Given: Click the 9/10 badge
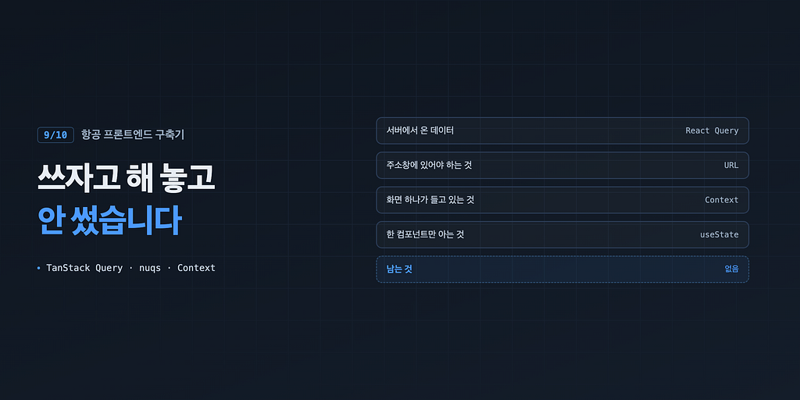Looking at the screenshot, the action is pos(55,134).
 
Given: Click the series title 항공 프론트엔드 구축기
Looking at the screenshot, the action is pos(133,134).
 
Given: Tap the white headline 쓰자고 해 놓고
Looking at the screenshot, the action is pos(126,178).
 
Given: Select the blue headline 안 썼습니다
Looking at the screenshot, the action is pos(109,220).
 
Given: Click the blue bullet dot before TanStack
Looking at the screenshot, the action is pos(39,268).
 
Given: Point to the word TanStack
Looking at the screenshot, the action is pos(69,268).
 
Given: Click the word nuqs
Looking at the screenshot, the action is pos(150,269).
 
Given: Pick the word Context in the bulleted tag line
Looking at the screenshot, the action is pos(196,268).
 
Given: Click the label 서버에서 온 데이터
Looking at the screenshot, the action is pos(420,130).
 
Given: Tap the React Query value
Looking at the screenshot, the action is pos(712,130).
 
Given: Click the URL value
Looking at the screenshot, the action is pos(731,166).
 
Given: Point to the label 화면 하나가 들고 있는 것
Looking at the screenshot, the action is pos(430,200).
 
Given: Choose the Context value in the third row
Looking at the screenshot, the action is pos(721,200).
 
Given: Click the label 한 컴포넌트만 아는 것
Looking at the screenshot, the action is pos(425,234).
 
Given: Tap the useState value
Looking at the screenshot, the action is pos(720,234).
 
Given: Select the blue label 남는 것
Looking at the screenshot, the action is pos(399,270).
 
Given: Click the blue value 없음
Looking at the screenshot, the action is pos(731,270).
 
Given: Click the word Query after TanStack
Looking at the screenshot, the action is pos(109,269).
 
